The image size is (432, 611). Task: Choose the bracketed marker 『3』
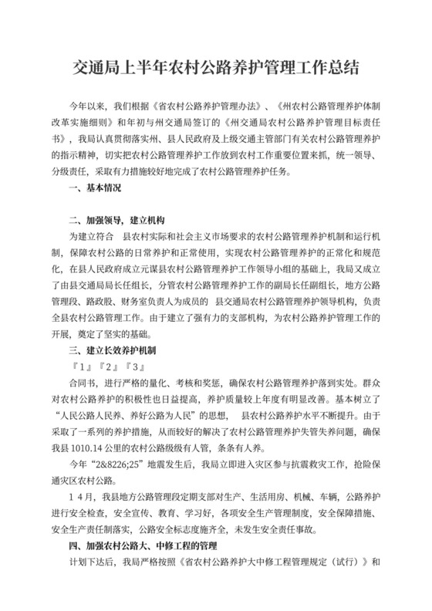pos(134,365)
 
